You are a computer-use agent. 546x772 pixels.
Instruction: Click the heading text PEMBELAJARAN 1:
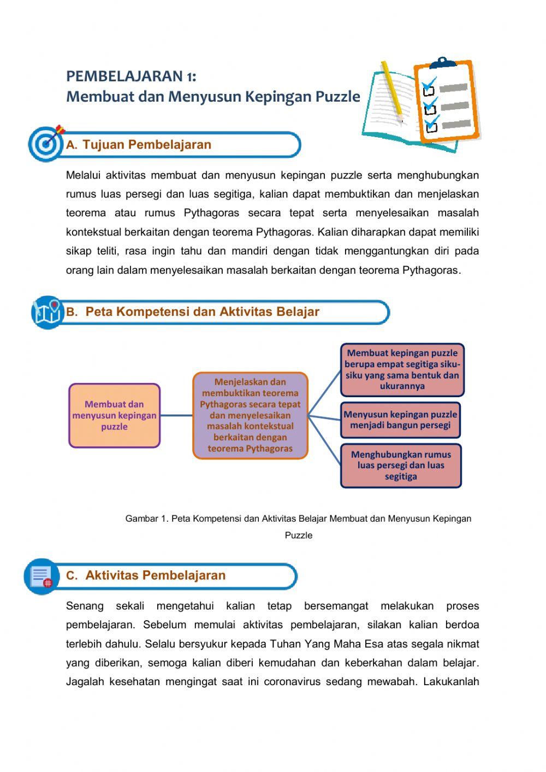click(x=131, y=75)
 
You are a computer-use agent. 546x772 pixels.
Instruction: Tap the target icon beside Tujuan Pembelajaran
click(x=46, y=144)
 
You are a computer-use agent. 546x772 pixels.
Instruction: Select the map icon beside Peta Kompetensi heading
click(x=48, y=312)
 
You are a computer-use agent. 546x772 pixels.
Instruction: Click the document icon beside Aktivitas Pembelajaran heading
click(x=41, y=576)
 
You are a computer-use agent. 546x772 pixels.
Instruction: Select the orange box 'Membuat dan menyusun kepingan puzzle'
click(x=115, y=415)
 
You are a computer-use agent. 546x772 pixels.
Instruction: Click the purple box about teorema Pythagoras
click(x=250, y=415)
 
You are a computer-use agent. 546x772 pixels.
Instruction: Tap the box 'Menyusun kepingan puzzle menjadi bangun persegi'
click(x=400, y=420)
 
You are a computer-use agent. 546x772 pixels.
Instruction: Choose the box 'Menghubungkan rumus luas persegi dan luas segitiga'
click(x=401, y=465)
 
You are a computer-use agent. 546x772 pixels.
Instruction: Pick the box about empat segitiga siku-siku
click(x=402, y=369)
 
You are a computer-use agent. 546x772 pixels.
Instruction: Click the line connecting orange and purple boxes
click(x=176, y=415)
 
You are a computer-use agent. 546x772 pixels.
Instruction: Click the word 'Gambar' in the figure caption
click(x=141, y=518)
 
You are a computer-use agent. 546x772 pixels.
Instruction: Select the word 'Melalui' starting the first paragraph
click(x=83, y=175)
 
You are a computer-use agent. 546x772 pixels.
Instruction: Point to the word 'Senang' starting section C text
click(x=85, y=606)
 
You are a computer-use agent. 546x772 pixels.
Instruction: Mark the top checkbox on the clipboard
click(x=429, y=90)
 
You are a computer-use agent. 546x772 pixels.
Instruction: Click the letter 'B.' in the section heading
click(x=72, y=312)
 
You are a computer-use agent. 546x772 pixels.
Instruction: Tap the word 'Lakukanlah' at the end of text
click(x=451, y=681)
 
